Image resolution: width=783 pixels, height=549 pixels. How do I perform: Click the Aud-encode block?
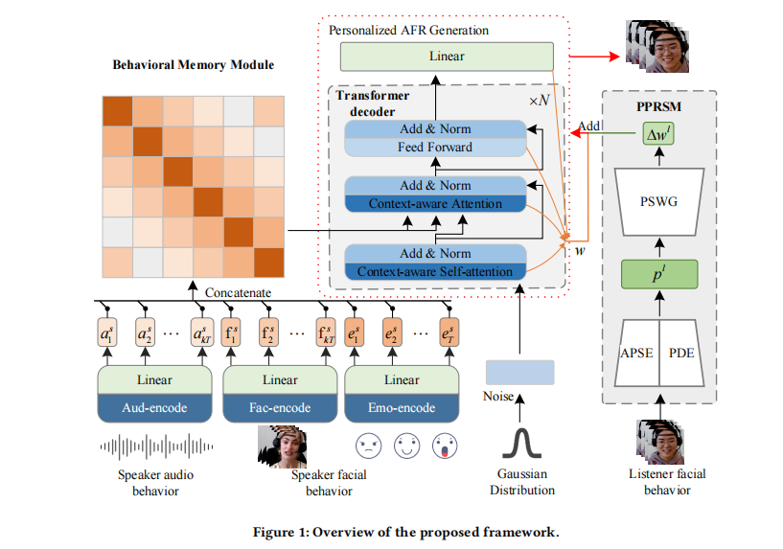[153, 408]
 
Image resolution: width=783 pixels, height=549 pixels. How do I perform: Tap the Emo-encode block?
[400, 408]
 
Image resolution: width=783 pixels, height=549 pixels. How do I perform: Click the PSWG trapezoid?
[657, 202]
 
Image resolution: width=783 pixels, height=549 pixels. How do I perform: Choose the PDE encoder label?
[681, 353]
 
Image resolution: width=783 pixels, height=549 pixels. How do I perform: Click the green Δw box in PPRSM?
[657, 137]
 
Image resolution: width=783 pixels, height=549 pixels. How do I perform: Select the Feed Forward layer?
[435, 148]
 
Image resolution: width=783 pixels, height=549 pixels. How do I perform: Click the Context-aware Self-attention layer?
[435, 272]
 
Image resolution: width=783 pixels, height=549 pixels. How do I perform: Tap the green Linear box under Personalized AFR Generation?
[447, 56]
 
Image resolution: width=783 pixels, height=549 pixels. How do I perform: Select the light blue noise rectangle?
[519, 372]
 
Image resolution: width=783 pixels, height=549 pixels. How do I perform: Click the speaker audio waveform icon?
[154, 446]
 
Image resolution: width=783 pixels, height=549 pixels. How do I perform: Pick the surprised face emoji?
[443, 446]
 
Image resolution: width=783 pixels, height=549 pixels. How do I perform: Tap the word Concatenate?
[238, 292]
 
